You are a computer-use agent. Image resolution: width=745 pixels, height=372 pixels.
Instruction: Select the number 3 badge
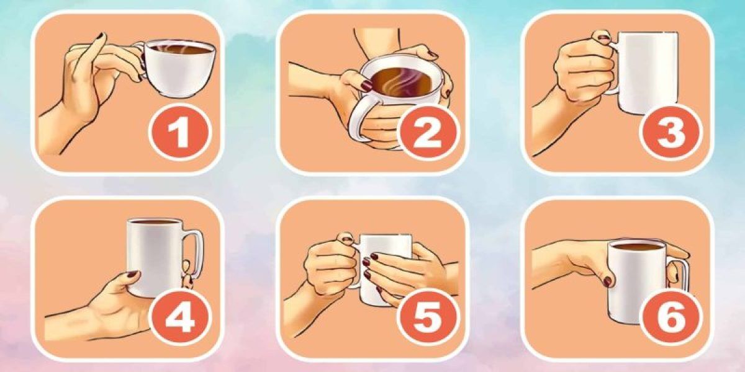click(670, 133)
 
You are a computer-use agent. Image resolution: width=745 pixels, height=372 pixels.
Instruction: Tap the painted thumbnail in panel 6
click(607, 281)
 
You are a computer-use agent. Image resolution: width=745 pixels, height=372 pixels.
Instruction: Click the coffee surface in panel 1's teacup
click(178, 49)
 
